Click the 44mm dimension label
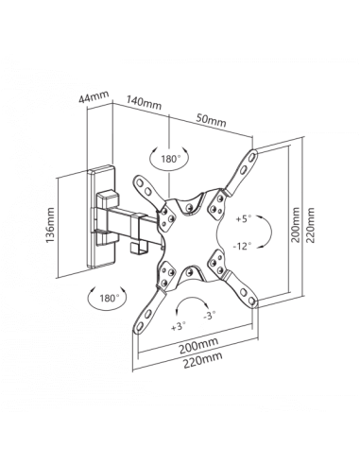click(x=94, y=96)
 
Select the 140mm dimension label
click(x=144, y=102)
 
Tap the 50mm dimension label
click(x=211, y=120)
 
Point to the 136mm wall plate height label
click(x=50, y=225)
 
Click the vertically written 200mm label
click(x=296, y=224)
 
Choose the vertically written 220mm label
click(x=310, y=225)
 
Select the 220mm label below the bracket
click(x=203, y=360)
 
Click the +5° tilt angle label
click(x=244, y=218)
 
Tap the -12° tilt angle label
click(x=242, y=246)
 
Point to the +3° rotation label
click(x=179, y=327)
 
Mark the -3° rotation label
click(x=210, y=315)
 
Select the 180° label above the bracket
click(x=170, y=159)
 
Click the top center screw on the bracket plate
click(x=189, y=207)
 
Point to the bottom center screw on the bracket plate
click(x=189, y=270)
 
